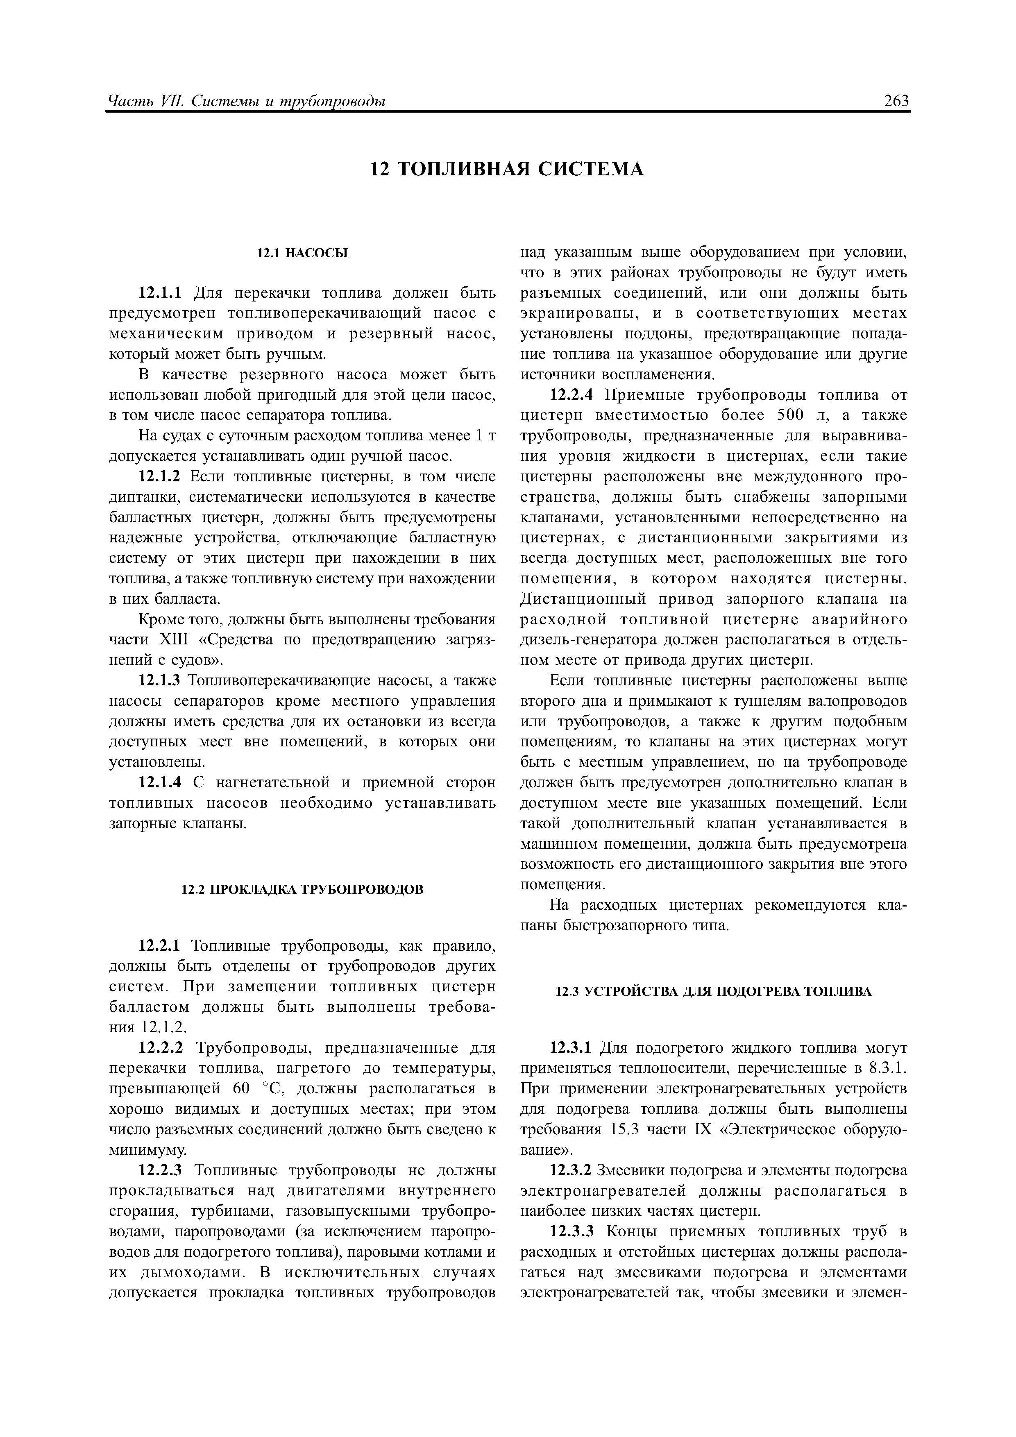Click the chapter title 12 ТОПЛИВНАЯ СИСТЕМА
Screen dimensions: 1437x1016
(x=507, y=169)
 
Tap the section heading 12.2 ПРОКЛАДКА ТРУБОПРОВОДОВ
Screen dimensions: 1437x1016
(x=302, y=889)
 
